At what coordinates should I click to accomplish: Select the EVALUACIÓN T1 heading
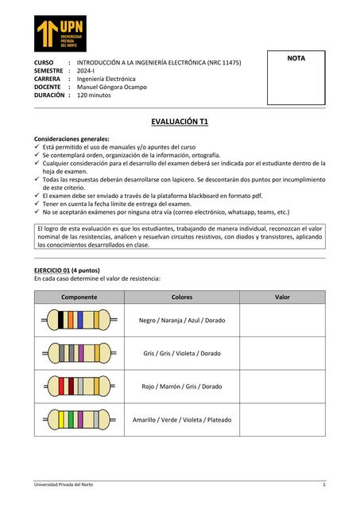coord(180,121)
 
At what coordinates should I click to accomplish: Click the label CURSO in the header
coord(43,62)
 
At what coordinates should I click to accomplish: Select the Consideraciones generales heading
coord(72,139)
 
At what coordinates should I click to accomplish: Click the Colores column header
coord(182,297)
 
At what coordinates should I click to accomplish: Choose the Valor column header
coord(282,297)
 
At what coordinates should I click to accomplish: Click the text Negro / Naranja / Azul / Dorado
coord(182,320)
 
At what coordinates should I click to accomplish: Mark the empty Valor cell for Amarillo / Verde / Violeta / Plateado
coord(282,419)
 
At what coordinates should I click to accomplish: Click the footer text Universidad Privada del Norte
coord(68,484)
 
